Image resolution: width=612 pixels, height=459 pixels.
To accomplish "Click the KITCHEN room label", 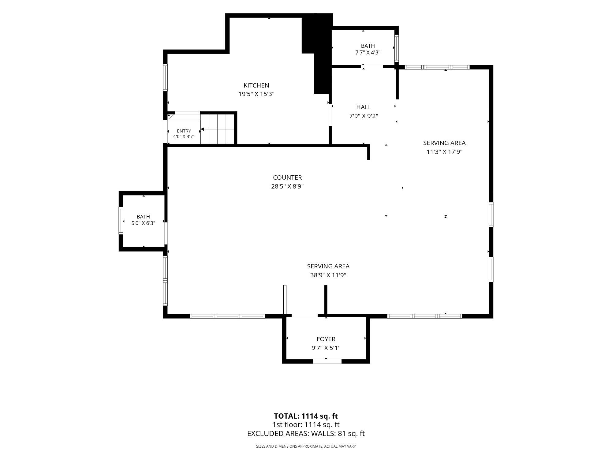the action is (256, 85).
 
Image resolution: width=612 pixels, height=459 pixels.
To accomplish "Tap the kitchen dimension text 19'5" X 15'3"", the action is (256, 94).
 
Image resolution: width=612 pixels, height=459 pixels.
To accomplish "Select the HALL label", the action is (364, 107).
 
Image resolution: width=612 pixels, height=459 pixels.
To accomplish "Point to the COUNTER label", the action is (287, 177).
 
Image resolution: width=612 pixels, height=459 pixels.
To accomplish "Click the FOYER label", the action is (326, 339).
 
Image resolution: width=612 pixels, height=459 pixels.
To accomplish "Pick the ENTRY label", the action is (184, 131).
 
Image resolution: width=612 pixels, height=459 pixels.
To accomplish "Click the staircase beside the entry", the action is (218, 129).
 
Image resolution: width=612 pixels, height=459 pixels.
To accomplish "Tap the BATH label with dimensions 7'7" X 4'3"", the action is (368, 46).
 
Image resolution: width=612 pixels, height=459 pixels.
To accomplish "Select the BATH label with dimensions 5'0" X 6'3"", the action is (143, 217).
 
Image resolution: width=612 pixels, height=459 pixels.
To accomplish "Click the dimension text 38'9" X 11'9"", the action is (328, 275).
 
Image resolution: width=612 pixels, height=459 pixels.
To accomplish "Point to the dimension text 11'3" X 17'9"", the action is (444, 152).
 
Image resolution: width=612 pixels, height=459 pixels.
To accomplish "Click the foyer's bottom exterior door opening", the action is (327, 361).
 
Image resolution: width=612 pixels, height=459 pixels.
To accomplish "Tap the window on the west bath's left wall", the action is (121, 221).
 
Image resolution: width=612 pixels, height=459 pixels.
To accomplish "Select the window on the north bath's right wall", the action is (397, 48).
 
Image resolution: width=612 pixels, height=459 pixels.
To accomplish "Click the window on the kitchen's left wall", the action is (165, 77).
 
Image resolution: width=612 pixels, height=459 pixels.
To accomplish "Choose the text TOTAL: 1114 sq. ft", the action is (306, 416).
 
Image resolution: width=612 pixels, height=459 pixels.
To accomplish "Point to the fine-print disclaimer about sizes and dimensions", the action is (306, 446).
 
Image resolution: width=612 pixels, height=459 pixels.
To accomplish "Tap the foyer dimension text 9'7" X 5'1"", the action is (326, 348).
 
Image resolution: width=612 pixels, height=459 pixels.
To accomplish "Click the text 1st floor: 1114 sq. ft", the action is (306, 425).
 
